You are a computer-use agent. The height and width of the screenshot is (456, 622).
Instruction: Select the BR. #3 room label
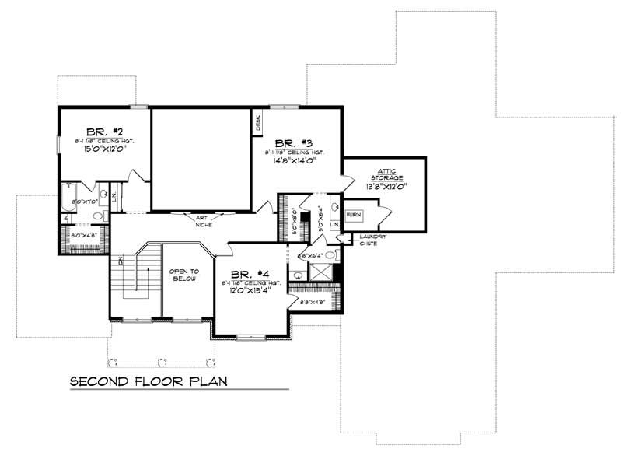[294, 142]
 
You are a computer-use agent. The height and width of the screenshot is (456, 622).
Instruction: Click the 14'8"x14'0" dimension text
[294, 162]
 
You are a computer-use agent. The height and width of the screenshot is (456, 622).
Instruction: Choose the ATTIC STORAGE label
[386, 174]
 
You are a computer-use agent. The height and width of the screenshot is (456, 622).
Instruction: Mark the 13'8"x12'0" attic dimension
[386, 187]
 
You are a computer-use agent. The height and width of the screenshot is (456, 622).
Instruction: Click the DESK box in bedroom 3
[257, 123]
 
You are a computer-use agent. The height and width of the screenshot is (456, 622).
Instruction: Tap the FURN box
[354, 214]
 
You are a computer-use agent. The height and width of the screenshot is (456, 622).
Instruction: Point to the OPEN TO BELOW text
[184, 275]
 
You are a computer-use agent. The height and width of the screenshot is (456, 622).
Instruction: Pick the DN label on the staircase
[121, 260]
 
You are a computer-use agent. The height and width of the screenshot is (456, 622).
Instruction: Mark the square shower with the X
[320, 272]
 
